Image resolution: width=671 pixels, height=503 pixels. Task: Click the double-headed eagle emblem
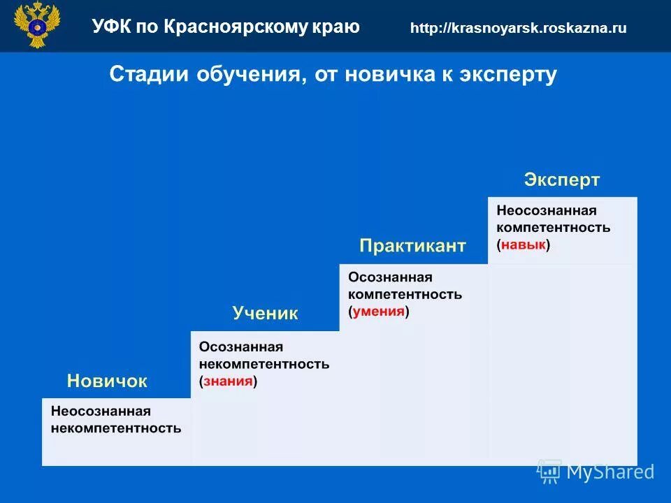[37, 25]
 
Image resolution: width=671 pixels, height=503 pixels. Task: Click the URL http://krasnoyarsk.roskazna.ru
[518, 29]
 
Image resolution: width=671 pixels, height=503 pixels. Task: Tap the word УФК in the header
[110, 27]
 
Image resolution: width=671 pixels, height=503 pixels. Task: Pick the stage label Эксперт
[561, 180]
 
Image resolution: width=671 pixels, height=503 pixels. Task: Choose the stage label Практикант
[412, 246]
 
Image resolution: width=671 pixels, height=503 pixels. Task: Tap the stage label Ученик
[265, 314]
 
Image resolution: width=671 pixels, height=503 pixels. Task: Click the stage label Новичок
[107, 381]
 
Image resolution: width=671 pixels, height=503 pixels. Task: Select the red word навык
[524, 245]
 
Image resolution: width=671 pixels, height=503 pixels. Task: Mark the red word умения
[378, 312]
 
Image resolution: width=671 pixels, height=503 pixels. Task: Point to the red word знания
[228, 381]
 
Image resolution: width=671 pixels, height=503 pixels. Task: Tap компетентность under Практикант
[405, 294]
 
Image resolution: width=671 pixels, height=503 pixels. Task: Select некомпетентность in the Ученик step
[264, 364]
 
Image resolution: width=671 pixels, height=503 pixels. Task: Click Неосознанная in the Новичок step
[101, 411]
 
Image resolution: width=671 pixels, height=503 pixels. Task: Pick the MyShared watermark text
[609, 472]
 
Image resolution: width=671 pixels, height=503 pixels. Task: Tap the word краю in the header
[338, 27]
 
